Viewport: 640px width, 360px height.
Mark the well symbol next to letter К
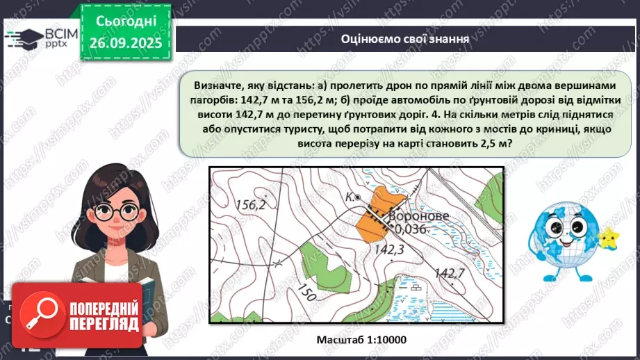tap(358, 198)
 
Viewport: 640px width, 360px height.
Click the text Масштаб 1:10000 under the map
tap(361, 340)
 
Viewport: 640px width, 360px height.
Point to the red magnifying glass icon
tap(41, 314)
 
